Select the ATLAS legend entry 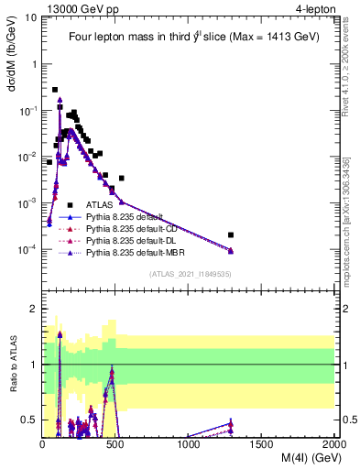tap(101, 204)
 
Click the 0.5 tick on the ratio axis tap(28, 420)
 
